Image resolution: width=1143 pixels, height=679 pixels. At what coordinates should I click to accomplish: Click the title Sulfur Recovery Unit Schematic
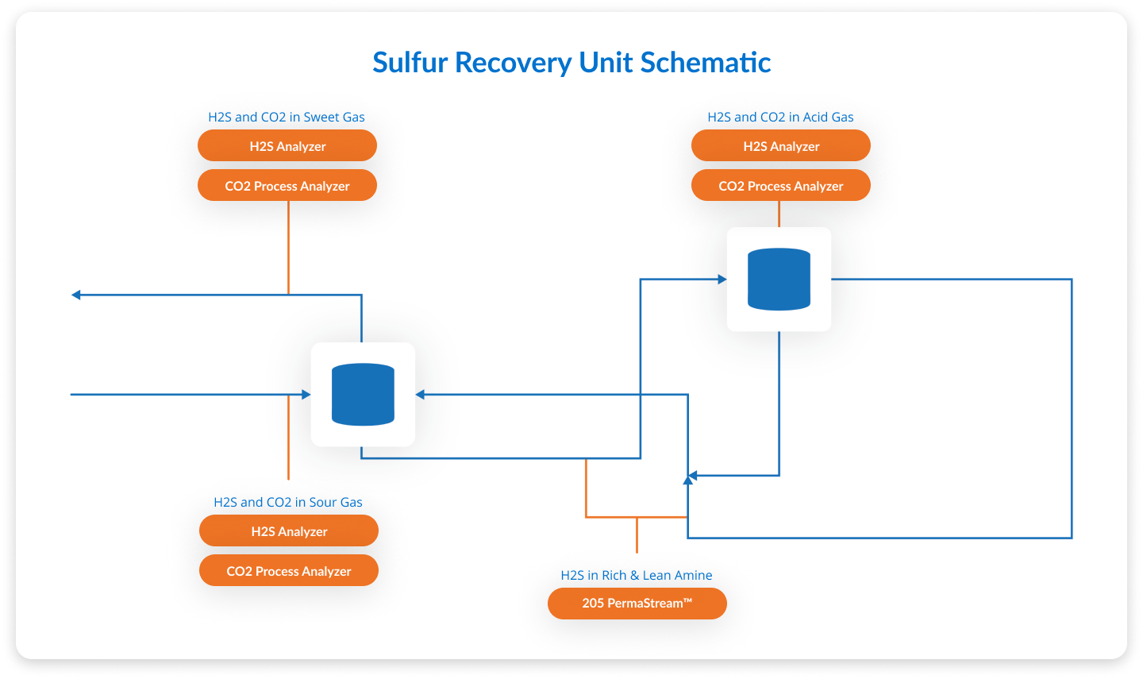(571, 63)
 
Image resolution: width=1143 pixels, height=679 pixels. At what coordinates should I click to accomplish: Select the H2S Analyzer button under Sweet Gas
(287, 146)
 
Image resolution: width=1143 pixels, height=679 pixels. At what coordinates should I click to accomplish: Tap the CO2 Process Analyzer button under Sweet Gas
(287, 186)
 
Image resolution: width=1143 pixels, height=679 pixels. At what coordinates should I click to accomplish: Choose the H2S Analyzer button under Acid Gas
(781, 146)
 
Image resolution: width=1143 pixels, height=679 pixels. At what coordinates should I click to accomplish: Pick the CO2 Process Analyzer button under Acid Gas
(781, 186)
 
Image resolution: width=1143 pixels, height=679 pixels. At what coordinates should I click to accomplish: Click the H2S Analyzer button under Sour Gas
(289, 531)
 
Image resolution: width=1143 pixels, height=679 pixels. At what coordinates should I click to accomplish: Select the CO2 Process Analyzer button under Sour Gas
(289, 571)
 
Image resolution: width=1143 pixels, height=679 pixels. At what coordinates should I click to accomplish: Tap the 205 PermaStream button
(637, 604)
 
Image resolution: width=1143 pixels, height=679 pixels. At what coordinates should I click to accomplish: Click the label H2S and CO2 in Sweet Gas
(287, 118)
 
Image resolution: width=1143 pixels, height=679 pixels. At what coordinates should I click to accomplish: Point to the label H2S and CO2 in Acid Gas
(780, 118)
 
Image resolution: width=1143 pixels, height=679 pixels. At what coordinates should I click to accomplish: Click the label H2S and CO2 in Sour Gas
(288, 503)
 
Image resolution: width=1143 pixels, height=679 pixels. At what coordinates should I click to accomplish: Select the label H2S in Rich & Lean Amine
(637, 576)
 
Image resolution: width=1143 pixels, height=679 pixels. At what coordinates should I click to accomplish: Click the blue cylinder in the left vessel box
(363, 395)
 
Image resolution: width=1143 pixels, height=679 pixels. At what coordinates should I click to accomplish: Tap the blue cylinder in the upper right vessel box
(779, 280)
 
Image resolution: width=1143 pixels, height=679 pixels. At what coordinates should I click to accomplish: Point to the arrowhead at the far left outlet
(76, 295)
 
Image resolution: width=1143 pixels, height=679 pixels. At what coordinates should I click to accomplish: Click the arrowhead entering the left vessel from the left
(306, 395)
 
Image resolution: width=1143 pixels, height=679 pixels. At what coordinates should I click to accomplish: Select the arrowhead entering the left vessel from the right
(420, 395)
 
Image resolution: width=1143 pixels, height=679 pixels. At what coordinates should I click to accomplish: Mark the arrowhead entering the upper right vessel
(722, 280)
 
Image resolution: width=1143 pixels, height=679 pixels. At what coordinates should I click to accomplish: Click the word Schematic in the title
(706, 63)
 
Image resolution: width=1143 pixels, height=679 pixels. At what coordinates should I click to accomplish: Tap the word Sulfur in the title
(410, 63)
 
